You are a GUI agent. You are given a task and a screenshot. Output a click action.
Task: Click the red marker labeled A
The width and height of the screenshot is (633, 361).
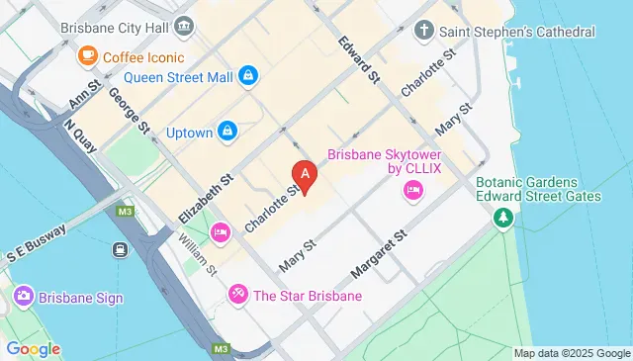pyautogui.click(x=306, y=176)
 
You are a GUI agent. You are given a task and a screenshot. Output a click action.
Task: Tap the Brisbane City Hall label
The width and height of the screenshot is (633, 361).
pyautogui.click(x=110, y=27)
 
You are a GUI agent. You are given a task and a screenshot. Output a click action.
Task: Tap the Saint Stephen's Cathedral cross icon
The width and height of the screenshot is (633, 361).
pyautogui.click(x=423, y=31)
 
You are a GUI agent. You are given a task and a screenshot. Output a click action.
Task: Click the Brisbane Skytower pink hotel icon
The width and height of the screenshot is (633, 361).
pyautogui.click(x=412, y=192)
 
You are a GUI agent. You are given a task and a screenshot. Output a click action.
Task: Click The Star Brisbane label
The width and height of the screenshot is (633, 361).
pyautogui.click(x=308, y=295)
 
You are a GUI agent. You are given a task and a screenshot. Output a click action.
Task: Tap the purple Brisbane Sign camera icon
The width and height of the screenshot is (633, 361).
pyautogui.click(x=23, y=296)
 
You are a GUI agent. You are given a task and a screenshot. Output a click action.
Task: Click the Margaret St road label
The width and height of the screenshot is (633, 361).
pyautogui.click(x=380, y=255)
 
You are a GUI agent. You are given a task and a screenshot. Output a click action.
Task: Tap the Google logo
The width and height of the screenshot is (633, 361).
pyautogui.click(x=33, y=349)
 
